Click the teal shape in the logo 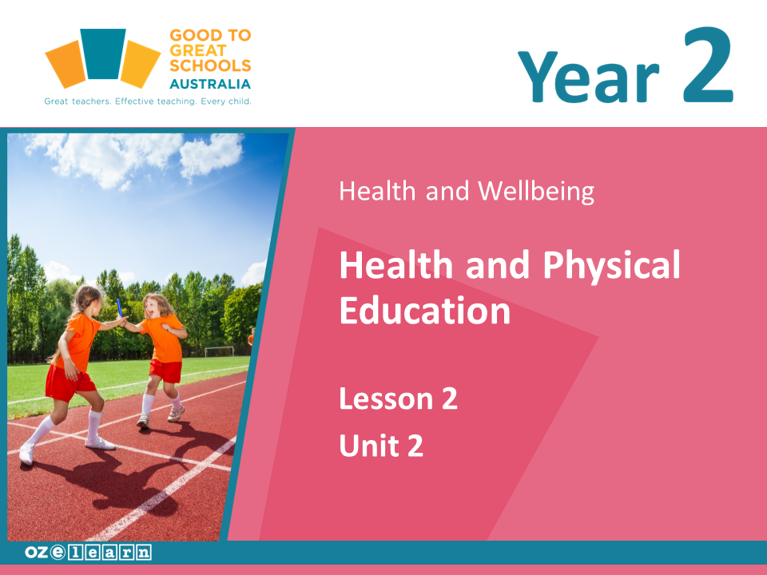(x=103, y=54)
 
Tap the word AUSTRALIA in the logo (x=210, y=84)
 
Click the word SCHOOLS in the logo (x=210, y=65)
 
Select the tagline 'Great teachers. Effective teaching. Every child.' (x=148, y=101)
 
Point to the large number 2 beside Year (x=708, y=65)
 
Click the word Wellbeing (x=536, y=191)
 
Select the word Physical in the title (x=611, y=265)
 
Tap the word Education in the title (x=425, y=311)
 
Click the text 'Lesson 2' (x=398, y=399)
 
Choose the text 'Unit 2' (x=381, y=446)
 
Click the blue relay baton (x=119, y=308)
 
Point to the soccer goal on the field (x=219, y=351)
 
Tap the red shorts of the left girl (x=69, y=382)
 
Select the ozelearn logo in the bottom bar (x=88, y=553)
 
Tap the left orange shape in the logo (x=66, y=65)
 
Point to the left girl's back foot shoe (x=26, y=454)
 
